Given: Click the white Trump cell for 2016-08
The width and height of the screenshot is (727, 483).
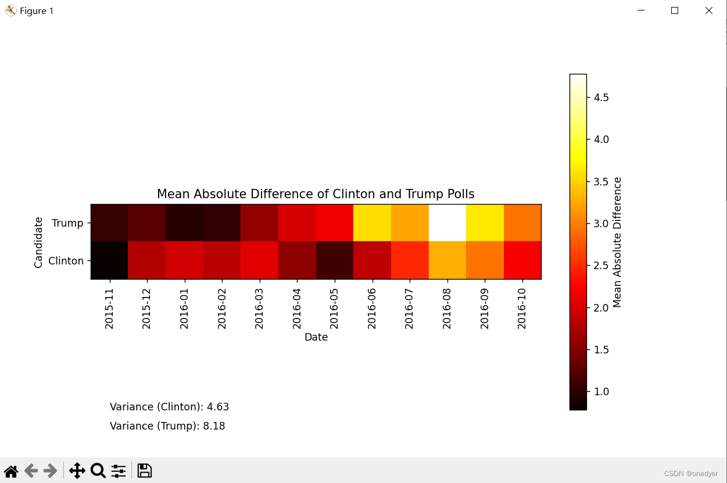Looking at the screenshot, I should pyautogui.click(x=447, y=223).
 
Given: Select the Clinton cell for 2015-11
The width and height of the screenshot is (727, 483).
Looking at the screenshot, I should pyautogui.click(x=109, y=260).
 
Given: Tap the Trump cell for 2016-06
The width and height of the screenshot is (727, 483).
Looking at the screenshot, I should pyautogui.click(x=372, y=223).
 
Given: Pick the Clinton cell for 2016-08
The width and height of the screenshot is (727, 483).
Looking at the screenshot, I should pyautogui.click(x=447, y=260).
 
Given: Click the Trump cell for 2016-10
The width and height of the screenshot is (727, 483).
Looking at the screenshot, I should pyautogui.click(x=522, y=223).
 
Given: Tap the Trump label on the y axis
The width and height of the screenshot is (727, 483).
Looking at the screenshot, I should pyautogui.click(x=67, y=223).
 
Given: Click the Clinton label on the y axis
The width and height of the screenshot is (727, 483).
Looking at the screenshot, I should pyautogui.click(x=66, y=261).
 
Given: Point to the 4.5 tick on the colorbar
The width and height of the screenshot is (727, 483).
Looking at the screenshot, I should pyautogui.click(x=597, y=97).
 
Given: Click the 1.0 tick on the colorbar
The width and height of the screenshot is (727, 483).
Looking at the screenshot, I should pyautogui.click(x=597, y=392).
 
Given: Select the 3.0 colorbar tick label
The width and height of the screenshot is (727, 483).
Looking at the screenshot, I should pyautogui.click(x=597, y=223).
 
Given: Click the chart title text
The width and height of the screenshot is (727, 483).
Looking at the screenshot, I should pyautogui.click(x=316, y=194).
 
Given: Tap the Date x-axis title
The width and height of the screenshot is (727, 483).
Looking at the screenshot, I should pyautogui.click(x=316, y=337).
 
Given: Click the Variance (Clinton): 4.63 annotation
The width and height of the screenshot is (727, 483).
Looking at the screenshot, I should pyautogui.click(x=169, y=407).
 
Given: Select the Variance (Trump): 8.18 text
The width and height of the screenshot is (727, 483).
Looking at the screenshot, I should pyautogui.click(x=167, y=426).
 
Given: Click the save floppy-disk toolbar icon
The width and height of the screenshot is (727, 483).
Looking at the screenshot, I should pyautogui.click(x=145, y=470).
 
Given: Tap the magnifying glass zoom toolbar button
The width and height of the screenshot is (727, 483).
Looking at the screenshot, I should pyautogui.click(x=98, y=470).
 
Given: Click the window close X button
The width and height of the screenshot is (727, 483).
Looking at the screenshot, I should pyautogui.click(x=709, y=10).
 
